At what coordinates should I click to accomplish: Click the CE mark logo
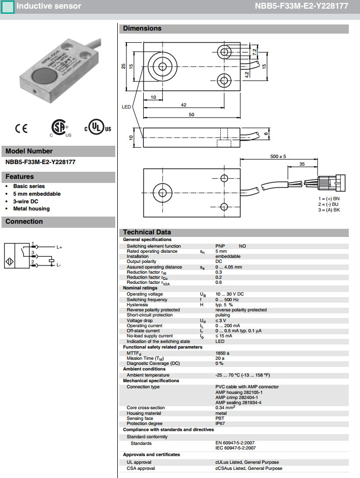pyautogui.click(x=22, y=128)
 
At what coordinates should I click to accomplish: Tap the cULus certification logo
pyautogui.click(x=97, y=127)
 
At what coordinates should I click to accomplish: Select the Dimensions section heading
pyautogui.click(x=142, y=29)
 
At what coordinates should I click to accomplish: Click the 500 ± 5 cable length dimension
pyautogui.click(x=278, y=156)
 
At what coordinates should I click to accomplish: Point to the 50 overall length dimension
pyautogui.click(x=191, y=115)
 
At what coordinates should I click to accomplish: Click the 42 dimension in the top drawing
pyautogui.click(x=184, y=105)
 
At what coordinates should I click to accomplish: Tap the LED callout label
pyautogui.click(x=126, y=108)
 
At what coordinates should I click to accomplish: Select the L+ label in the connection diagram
pyautogui.click(x=59, y=248)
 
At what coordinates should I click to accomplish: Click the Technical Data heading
pyautogui.click(x=147, y=232)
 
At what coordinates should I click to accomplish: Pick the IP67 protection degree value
pyautogui.click(x=221, y=423)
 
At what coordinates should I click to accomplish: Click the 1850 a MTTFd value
pyautogui.click(x=223, y=353)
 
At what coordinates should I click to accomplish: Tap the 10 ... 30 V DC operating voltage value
pyautogui.click(x=229, y=294)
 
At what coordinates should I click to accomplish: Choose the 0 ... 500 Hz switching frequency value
pyautogui.click(x=227, y=300)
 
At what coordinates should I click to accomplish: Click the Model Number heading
pyautogui.click(x=29, y=151)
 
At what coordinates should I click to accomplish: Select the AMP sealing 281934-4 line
pyautogui.click(x=239, y=403)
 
